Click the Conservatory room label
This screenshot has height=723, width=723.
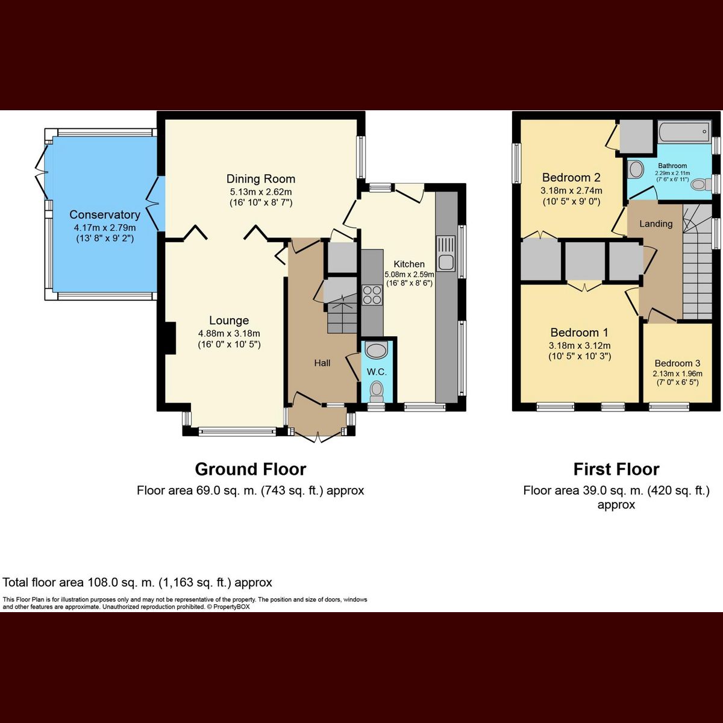104,214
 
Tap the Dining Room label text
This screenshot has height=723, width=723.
260,179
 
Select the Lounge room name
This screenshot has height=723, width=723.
229,321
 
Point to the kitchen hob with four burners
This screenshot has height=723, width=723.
371,295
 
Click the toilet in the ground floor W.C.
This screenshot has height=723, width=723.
377,389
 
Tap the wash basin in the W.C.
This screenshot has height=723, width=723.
377,351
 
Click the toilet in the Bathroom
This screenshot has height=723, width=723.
700,184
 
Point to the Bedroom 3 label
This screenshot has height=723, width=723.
677,363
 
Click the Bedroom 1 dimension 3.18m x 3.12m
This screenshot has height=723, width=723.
579,346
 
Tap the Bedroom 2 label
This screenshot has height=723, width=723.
571,178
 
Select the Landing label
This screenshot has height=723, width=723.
656,224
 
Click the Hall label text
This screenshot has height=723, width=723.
322,363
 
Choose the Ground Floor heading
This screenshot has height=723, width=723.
250,469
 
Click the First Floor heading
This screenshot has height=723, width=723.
616,469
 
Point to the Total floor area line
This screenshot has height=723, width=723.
137,583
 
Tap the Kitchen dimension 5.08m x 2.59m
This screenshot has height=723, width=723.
409,274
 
